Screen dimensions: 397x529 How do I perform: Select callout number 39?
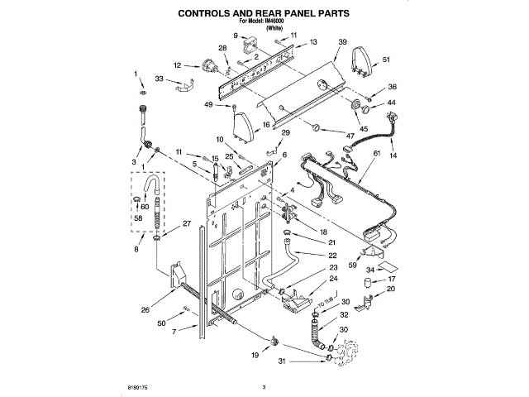click(343, 41)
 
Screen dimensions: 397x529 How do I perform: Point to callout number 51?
click(386, 60)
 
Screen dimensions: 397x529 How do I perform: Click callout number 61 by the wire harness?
click(378, 154)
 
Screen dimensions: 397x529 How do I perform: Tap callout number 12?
click(177, 64)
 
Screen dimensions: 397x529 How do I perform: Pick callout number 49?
click(208, 104)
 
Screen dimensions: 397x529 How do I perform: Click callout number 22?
click(332, 255)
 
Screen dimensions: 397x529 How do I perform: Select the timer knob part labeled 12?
click(203, 65)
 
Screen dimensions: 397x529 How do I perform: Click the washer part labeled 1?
click(142, 91)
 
